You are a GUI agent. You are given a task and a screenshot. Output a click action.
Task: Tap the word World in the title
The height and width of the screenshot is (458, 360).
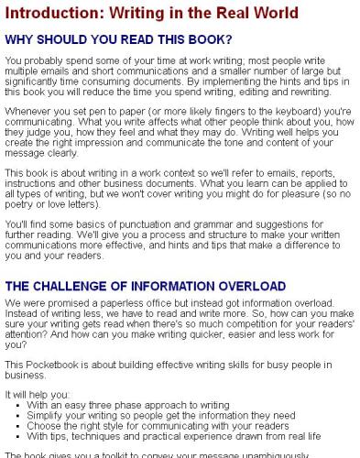(271, 13)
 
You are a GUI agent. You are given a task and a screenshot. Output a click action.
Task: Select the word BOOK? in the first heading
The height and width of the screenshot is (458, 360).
(204, 40)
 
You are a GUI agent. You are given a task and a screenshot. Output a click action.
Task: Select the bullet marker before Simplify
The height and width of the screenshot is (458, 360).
(19, 415)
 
